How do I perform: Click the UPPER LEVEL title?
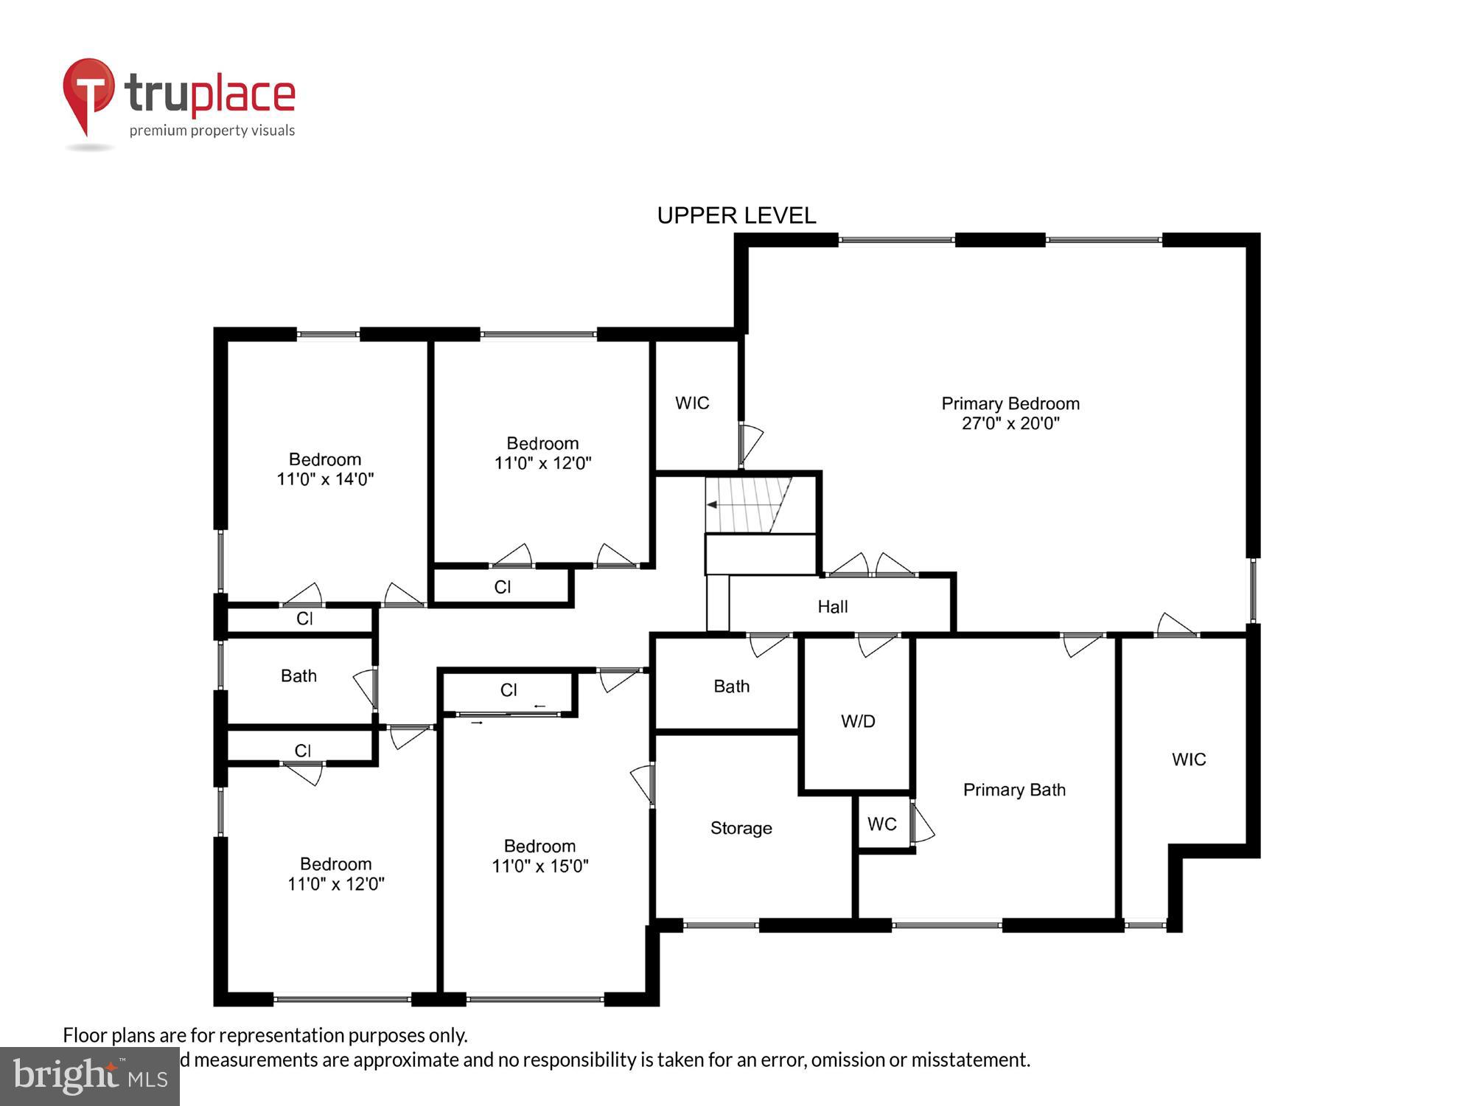[x=736, y=215]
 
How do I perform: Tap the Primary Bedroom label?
[x=1010, y=403]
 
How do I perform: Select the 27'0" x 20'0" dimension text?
[x=1010, y=423]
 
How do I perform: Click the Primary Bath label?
[x=1014, y=790]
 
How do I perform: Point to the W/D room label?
[x=858, y=721]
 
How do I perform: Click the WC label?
[x=881, y=824]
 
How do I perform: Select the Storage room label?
[x=741, y=828]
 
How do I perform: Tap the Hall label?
[x=832, y=607]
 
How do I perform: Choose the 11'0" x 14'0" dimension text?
[x=325, y=479]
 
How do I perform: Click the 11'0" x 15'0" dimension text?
[x=540, y=866]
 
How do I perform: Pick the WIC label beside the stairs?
[x=692, y=403]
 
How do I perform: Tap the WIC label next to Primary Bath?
[x=1189, y=759]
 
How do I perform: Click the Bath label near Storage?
[x=731, y=686]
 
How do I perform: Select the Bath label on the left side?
[x=298, y=675]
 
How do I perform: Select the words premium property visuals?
[x=212, y=131]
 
